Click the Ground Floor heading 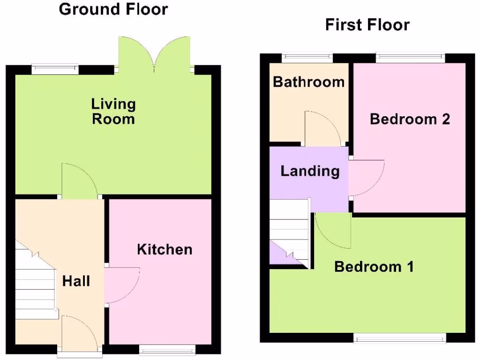[x=113, y=9]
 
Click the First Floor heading [x=367, y=24]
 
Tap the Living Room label [x=113, y=111]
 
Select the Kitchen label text [x=165, y=249]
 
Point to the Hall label [x=76, y=281]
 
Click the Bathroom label [x=308, y=82]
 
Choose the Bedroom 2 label [x=410, y=119]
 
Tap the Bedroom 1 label [x=374, y=267]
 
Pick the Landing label [x=310, y=171]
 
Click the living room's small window [x=55, y=69]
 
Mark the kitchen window [x=167, y=349]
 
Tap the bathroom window [x=307, y=58]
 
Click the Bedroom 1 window [x=399, y=337]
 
